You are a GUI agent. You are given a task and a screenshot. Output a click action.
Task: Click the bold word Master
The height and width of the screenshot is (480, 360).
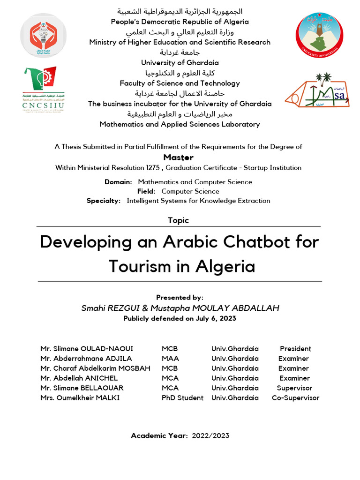(178, 157)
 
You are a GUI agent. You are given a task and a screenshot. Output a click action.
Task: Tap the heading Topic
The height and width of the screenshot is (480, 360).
(178, 220)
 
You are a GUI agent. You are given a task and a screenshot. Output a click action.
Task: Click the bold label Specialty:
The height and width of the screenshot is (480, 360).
(104, 201)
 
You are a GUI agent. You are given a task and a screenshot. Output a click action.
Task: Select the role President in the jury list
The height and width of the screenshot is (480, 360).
(295, 349)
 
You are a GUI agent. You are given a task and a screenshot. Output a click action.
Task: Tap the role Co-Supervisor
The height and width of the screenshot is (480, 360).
(295, 398)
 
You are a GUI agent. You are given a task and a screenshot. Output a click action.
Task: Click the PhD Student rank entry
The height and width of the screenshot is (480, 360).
(182, 398)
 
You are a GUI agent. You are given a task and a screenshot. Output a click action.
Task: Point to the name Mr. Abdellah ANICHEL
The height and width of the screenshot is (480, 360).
(79, 378)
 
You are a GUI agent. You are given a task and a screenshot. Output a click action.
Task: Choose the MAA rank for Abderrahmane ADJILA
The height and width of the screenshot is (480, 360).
(170, 359)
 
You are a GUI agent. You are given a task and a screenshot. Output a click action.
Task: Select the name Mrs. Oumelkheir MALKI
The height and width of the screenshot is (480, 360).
(80, 398)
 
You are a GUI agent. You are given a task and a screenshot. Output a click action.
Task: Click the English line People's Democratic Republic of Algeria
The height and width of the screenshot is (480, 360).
(180, 22)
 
